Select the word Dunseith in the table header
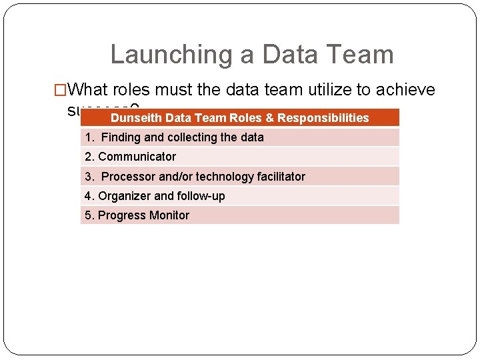(136, 118)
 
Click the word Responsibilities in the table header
(323, 118)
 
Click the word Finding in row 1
(121, 137)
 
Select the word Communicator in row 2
(137, 157)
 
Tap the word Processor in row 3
(128, 177)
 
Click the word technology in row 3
(223, 177)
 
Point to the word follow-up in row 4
(201, 196)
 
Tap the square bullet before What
(60, 90)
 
